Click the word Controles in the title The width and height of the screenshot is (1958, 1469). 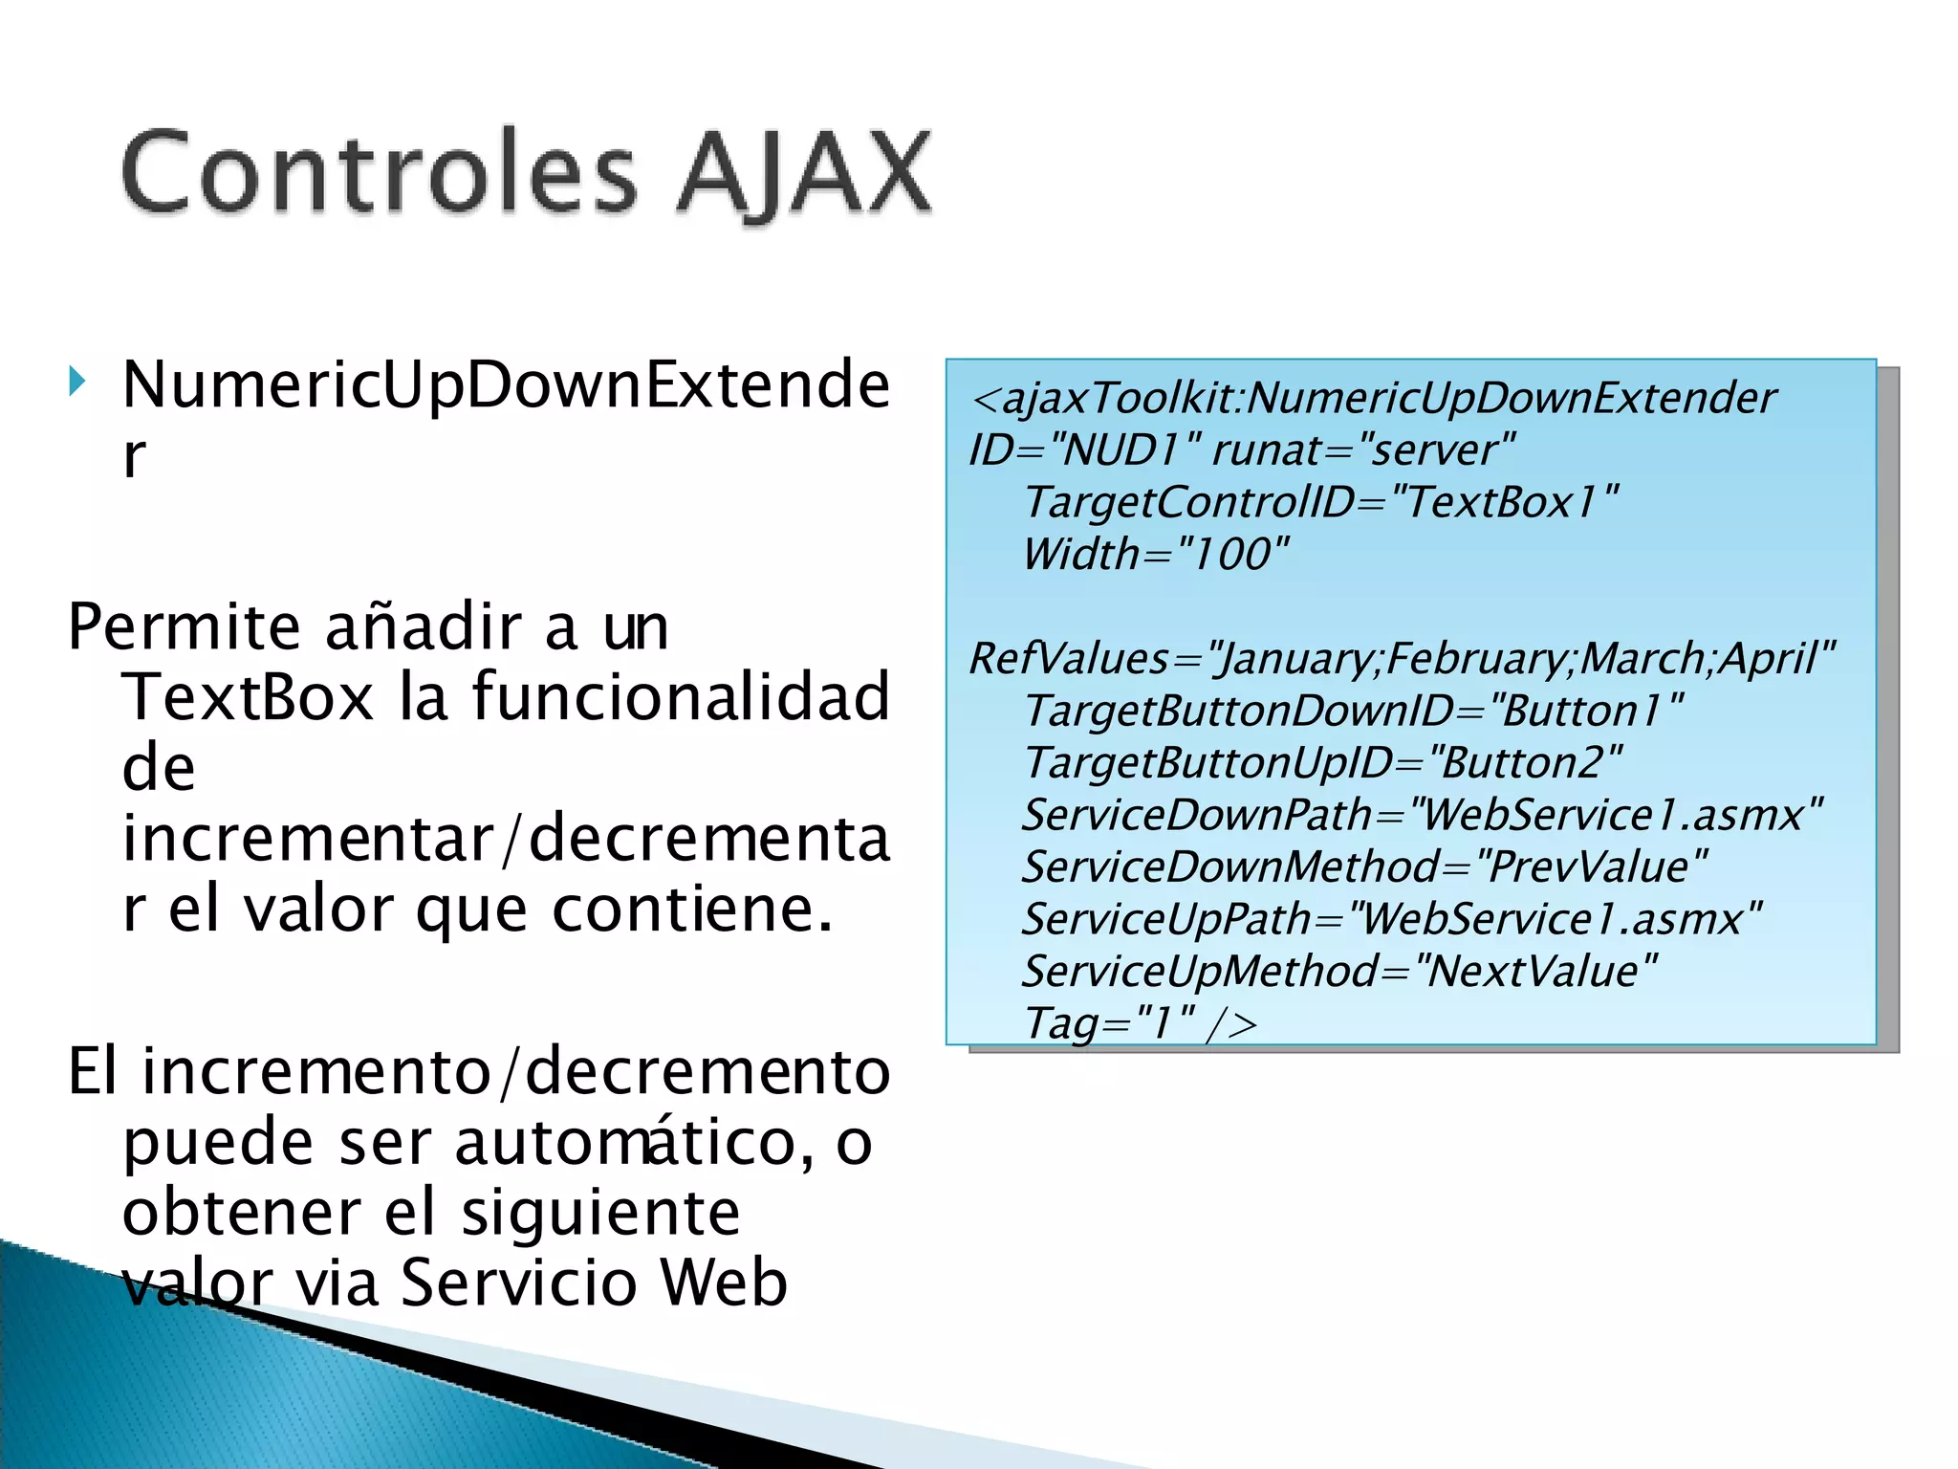[x=379, y=173]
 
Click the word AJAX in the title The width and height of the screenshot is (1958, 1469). [x=803, y=173]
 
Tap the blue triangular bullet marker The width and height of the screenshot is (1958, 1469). [x=77, y=383]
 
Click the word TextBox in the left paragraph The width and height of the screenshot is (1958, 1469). [x=248, y=697]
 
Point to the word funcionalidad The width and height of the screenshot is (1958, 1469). [x=681, y=697]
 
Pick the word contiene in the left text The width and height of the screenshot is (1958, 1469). [x=692, y=909]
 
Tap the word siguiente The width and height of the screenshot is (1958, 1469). [x=600, y=1213]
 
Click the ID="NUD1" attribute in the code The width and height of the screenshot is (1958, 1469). [x=1085, y=449]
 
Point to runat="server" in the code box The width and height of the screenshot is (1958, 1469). [x=1363, y=449]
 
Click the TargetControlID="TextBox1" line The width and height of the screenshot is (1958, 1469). [x=1320, y=502]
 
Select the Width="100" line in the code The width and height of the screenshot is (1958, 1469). [x=1155, y=555]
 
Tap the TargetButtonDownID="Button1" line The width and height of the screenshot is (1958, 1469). [x=1353, y=712]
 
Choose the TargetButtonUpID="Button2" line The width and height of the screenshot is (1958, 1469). [x=1322, y=763]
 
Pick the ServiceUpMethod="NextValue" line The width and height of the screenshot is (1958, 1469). [x=1339, y=972]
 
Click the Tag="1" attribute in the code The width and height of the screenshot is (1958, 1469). [x=1108, y=1023]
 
